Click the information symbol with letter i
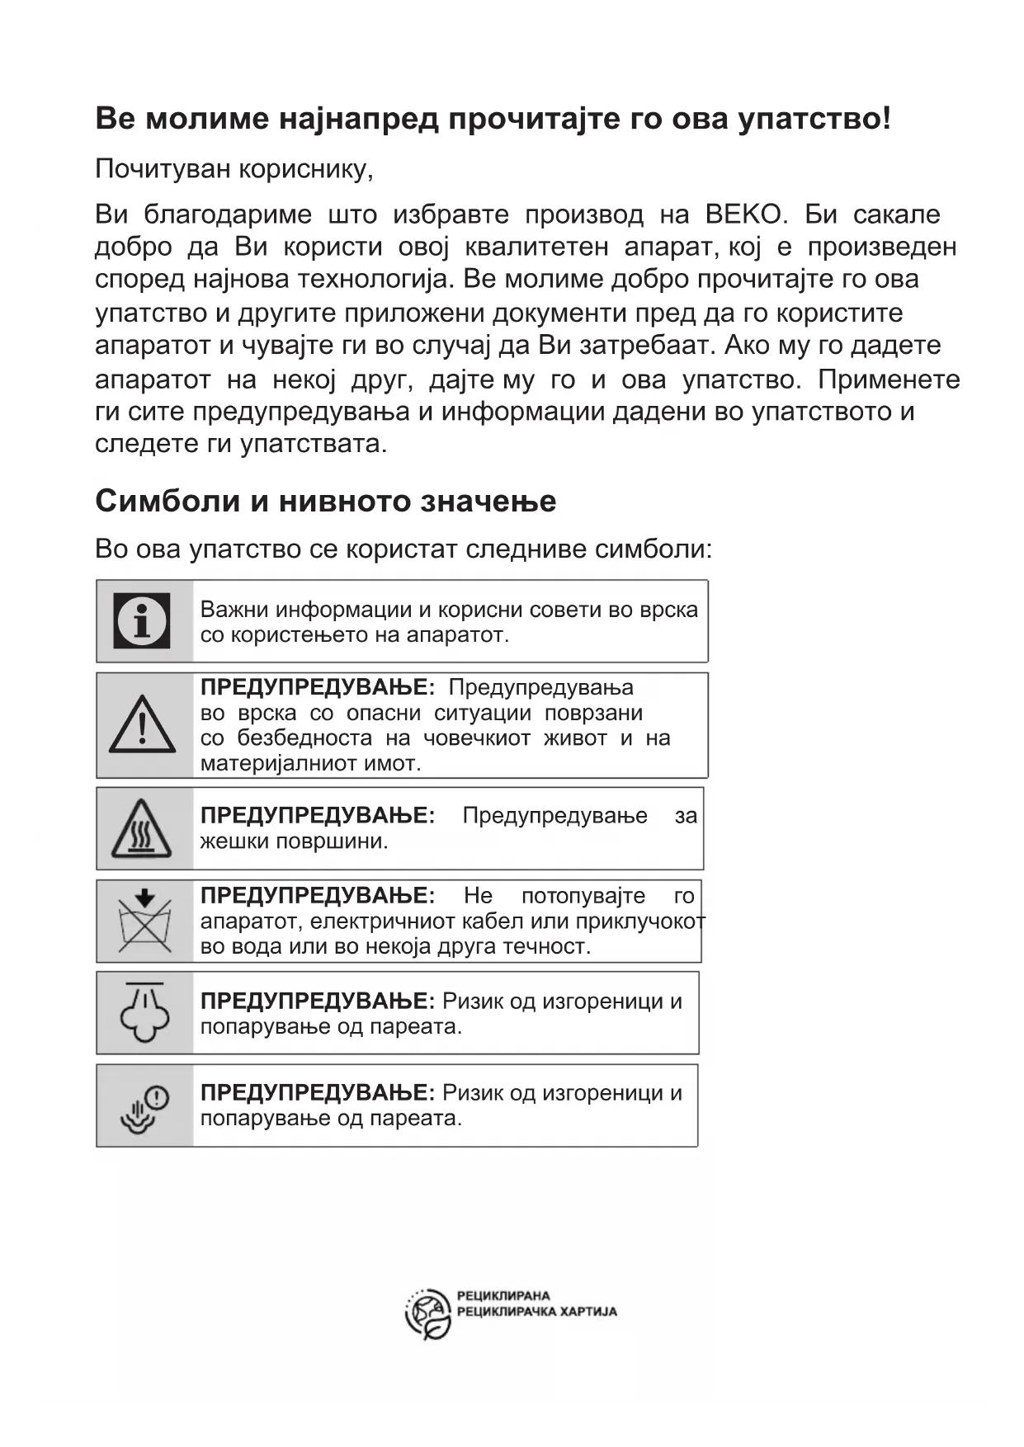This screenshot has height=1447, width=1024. [143, 620]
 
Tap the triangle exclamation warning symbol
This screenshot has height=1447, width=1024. [143, 725]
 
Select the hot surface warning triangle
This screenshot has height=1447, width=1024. [142, 828]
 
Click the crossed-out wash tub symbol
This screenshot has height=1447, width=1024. [144, 920]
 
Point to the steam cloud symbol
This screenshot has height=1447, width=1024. [144, 1012]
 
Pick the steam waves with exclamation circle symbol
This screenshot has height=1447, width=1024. [144, 1108]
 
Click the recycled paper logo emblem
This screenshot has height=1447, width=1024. [428, 1313]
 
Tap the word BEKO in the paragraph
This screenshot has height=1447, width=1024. [743, 214]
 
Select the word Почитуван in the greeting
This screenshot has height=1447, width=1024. [163, 169]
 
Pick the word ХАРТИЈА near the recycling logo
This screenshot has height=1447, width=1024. [588, 1312]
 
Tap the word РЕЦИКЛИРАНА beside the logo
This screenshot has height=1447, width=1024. [503, 1296]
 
